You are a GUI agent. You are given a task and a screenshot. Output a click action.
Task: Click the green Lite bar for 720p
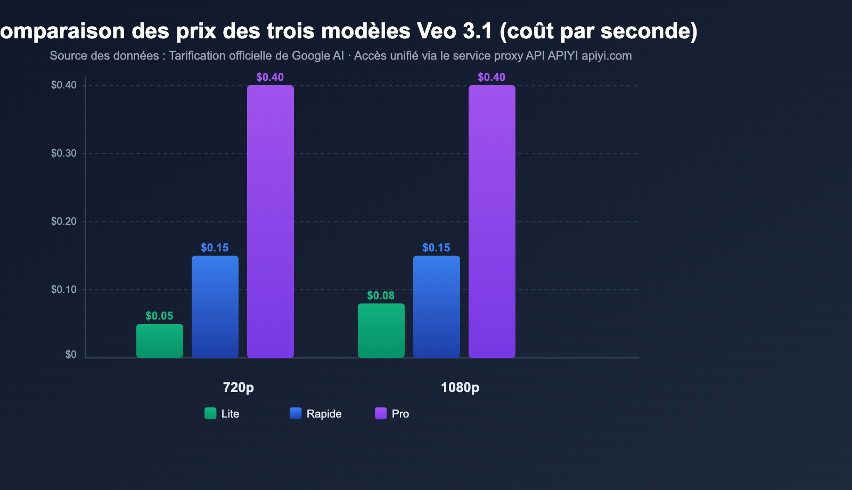[160, 341]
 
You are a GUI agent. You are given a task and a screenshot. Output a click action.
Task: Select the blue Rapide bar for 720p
[215, 307]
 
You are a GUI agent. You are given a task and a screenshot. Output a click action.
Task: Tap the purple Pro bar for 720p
[271, 222]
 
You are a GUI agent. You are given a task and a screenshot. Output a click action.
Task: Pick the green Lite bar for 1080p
[381, 331]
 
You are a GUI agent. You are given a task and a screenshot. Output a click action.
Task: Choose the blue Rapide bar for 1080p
[437, 307]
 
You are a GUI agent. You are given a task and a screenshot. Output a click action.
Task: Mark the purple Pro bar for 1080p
[492, 222]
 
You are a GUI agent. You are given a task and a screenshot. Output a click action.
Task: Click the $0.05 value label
[159, 316]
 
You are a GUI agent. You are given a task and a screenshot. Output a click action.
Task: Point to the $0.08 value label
[381, 296]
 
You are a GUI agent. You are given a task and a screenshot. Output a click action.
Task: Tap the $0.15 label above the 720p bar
[215, 248]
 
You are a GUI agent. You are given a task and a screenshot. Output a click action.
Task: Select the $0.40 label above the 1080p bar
[491, 77]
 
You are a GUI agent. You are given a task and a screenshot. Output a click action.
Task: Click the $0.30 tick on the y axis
[64, 153]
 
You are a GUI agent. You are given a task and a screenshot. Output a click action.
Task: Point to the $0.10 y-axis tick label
[64, 290]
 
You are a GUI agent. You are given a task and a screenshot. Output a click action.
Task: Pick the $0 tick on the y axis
[71, 355]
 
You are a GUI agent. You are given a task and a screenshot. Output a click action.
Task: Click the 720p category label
[238, 387]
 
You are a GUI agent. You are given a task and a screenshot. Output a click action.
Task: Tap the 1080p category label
[460, 387]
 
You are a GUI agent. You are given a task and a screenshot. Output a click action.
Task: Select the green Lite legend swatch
[210, 413]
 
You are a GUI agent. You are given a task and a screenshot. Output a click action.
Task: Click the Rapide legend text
[324, 414]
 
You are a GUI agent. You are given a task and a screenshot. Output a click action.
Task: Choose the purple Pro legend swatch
[381, 413]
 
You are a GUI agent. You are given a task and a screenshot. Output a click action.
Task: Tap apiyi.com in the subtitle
[607, 56]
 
